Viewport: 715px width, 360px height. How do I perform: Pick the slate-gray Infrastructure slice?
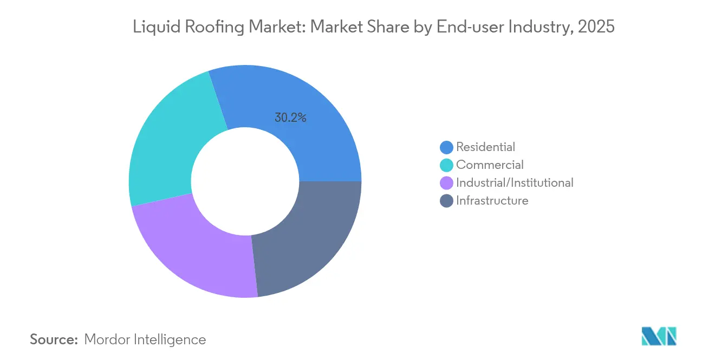tap(309, 238)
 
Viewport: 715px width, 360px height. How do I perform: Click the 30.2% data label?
tap(290, 117)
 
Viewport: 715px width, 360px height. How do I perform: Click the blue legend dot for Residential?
tap(447, 147)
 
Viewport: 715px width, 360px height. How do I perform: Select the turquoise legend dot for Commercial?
tap(447, 165)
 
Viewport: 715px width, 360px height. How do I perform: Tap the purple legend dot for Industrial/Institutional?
tap(447, 183)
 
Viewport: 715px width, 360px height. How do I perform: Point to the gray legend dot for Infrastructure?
tap(447, 201)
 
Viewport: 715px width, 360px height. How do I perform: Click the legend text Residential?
tap(485, 147)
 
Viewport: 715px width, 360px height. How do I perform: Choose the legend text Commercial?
tap(490, 165)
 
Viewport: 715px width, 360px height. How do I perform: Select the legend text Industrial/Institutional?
tap(515, 183)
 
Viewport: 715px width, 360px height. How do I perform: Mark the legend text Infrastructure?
tap(492, 201)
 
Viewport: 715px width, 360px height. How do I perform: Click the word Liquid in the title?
tap(152, 27)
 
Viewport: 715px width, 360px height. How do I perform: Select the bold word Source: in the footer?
tap(54, 339)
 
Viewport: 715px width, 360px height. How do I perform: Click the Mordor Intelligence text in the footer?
tap(145, 339)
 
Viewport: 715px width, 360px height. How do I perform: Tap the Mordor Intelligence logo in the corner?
tap(659, 336)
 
